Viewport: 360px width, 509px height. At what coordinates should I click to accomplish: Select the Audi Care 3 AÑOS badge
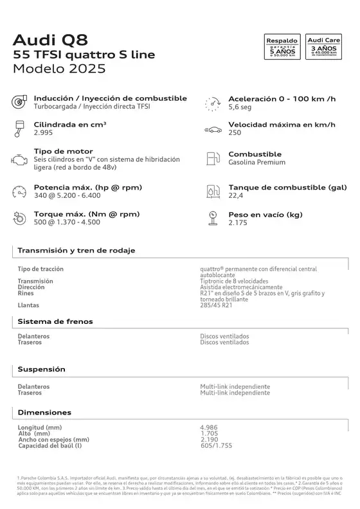click(x=323, y=48)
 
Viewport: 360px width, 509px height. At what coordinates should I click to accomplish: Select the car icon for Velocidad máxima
click(x=213, y=129)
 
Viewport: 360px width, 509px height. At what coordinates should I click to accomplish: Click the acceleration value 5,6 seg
click(x=239, y=107)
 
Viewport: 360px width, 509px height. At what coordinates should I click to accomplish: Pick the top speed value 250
click(x=235, y=132)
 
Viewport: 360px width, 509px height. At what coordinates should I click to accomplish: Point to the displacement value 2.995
click(x=44, y=132)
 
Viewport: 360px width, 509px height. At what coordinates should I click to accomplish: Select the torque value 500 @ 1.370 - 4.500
click(x=67, y=222)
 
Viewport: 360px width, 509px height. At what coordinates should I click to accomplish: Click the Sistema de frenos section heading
click(x=55, y=321)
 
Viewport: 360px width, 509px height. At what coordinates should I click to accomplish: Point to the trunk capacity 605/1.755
click(x=217, y=445)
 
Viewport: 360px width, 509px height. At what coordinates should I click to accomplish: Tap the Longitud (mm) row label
click(x=40, y=427)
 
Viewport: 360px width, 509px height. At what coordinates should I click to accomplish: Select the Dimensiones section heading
click(x=44, y=412)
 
